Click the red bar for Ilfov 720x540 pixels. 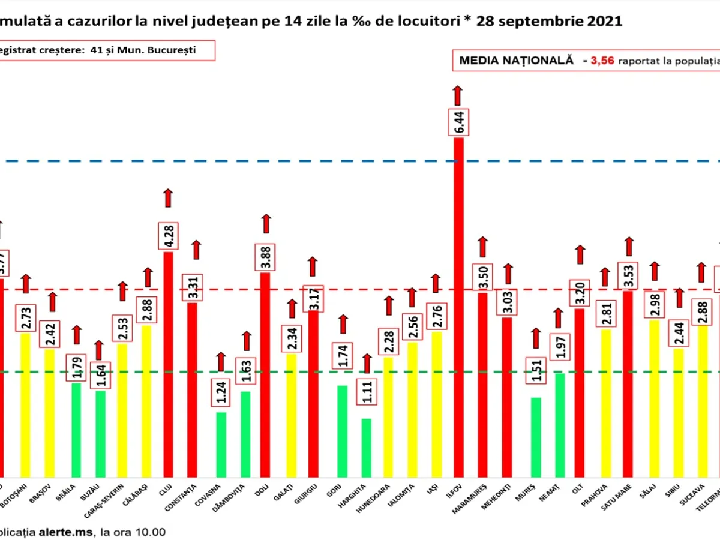(458, 306)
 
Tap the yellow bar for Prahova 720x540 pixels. (606, 402)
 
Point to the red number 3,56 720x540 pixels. (602, 61)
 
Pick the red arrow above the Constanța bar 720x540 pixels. (196, 250)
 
